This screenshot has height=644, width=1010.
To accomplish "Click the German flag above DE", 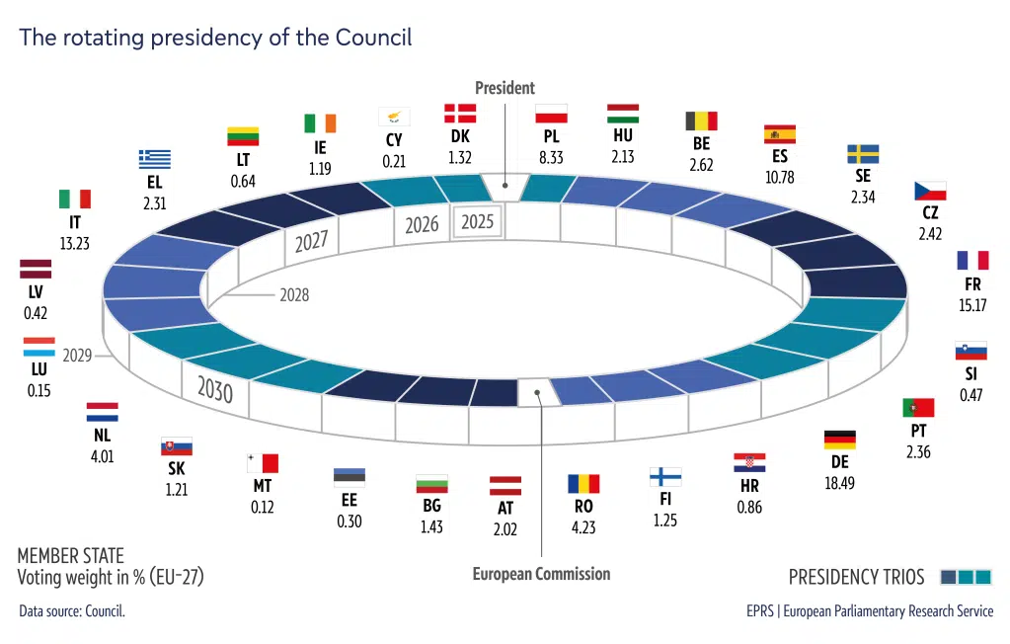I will coord(839,440).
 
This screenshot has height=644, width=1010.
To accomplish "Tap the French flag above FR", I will coord(971,260).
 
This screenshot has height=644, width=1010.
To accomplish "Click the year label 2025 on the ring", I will coord(478,222).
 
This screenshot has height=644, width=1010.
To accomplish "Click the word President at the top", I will coord(505,88).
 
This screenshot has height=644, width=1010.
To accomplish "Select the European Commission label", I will coord(541,574).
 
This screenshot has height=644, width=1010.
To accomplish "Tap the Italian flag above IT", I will coord(74,199).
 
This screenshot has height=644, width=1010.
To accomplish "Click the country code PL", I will coord(551,137).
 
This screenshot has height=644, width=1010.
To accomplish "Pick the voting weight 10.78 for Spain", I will coord(780,178).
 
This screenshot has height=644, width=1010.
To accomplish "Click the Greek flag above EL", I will coord(154,159).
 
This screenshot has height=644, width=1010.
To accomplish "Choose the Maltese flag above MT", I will coord(263,462).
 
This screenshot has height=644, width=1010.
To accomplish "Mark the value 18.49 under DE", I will coord(839,483).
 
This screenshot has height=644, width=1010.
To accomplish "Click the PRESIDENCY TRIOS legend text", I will coord(856,577).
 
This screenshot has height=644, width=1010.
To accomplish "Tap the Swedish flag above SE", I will coord(863,154).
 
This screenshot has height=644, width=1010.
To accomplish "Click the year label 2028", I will coord(293,294).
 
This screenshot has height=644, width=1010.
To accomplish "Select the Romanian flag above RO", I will coord(583,484).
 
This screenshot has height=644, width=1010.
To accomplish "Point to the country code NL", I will coord(103,436).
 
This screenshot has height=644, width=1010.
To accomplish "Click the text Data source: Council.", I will coord(72,611).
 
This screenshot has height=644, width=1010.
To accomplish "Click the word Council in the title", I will coord(373,38).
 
